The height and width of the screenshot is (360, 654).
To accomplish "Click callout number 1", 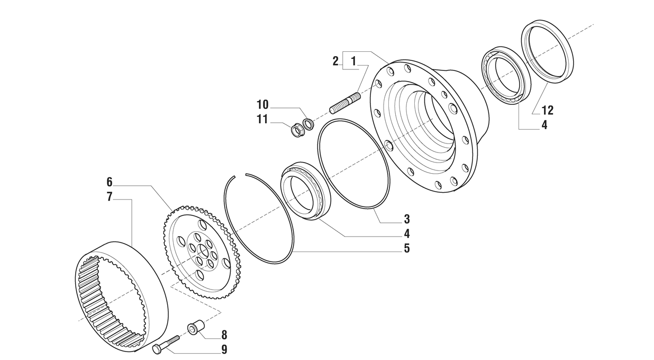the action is point(353,61).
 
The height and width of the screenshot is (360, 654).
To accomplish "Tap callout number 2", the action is point(335,61).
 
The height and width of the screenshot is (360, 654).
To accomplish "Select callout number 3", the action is point(407,219).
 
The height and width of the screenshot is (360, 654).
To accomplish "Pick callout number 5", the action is point(407,248).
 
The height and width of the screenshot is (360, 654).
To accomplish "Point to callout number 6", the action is point(110,182).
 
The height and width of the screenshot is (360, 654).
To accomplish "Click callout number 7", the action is point(110,196).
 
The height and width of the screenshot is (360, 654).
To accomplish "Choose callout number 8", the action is point(224,335).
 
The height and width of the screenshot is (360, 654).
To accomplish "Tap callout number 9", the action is point(224,349).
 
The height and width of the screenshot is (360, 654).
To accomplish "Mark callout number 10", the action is point(262,104).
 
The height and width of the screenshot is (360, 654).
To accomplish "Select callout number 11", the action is point(262,119).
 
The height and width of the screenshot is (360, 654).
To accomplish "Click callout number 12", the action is point(548,110).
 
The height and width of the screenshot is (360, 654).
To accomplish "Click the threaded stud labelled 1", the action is point(345,103).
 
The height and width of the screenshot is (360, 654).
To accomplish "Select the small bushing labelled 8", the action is point(196,328).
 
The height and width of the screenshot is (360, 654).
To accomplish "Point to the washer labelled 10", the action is point(308,124).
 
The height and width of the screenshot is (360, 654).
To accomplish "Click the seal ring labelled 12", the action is point(548,51).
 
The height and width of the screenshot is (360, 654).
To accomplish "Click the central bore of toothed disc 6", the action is point(202,250).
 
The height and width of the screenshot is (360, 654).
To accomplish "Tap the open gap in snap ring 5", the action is point(241,175).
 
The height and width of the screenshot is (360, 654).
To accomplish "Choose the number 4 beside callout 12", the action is point(544,125).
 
